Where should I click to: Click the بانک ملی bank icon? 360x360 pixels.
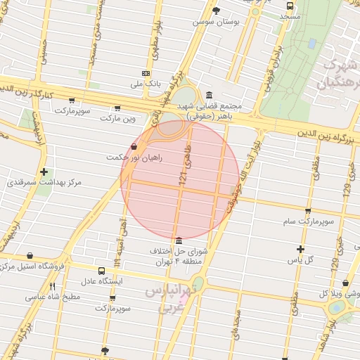click(146, 73)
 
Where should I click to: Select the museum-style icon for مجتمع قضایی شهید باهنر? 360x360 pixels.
click(209, 95)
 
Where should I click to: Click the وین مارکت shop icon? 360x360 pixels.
click(117, 108)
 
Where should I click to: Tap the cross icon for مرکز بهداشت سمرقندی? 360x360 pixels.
click(44, 171)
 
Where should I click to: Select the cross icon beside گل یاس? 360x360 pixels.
click(300, 248)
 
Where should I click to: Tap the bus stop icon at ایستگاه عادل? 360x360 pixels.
click(102, 271)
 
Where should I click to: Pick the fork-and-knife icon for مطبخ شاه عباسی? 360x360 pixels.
click(52, 286)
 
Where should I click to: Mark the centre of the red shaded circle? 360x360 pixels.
click(181, 180)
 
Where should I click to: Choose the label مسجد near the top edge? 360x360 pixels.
click(289, 15)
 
